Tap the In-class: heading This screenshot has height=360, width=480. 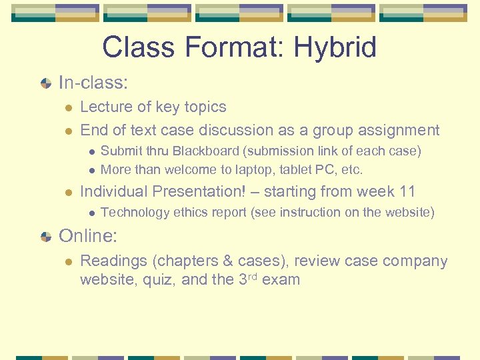click(x=93, y=83)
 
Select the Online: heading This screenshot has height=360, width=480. click(x=89, y=236)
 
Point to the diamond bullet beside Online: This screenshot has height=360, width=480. click(x=45, y=237)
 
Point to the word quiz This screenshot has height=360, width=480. click(x=159, y=279)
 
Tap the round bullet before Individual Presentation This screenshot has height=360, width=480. click(x=68, y=193)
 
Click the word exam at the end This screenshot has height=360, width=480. click(x=281, y=279)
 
